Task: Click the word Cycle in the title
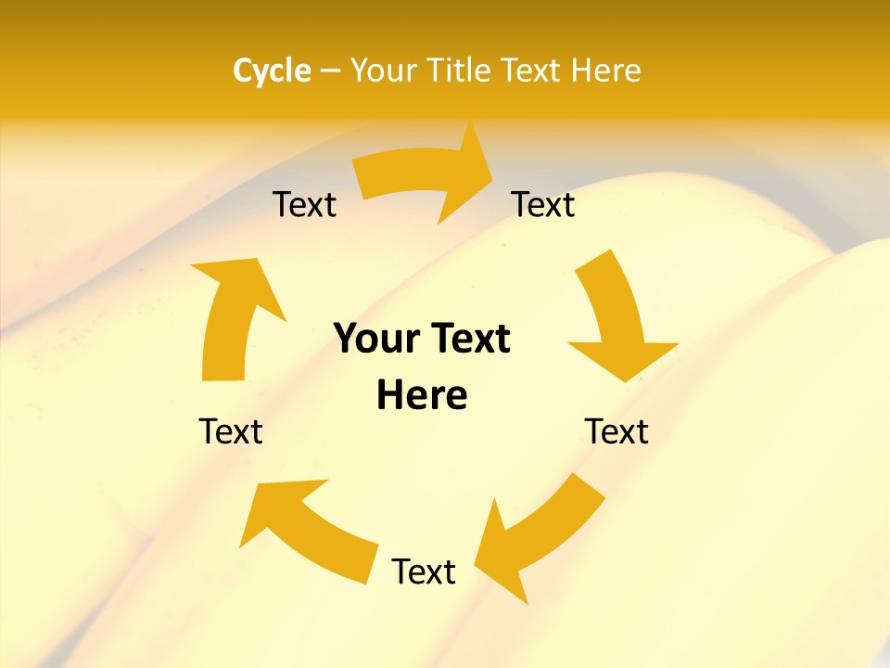pyautogui.click(x=272, y=71)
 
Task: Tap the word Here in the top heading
pyautogui.click(x=605, y=71)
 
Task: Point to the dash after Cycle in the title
pyautogui.click(x=330, y=71)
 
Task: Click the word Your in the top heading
pyautogui.click(x=383, y=71)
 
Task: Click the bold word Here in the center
pyautogui.click(x=422, y=395)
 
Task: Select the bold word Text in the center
pyautogui.click(x=467, y=339)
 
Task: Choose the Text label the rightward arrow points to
pyautogui.click(x=543, y=204)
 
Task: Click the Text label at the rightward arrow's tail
pyautogui.click(x=304, y=204)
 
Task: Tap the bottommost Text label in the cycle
pyautogui.click(x=424, y=572)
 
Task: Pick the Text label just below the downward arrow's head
pyautogui.click(x=617, y=431)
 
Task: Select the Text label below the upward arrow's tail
pyautogui.click(x=231, y=431)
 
